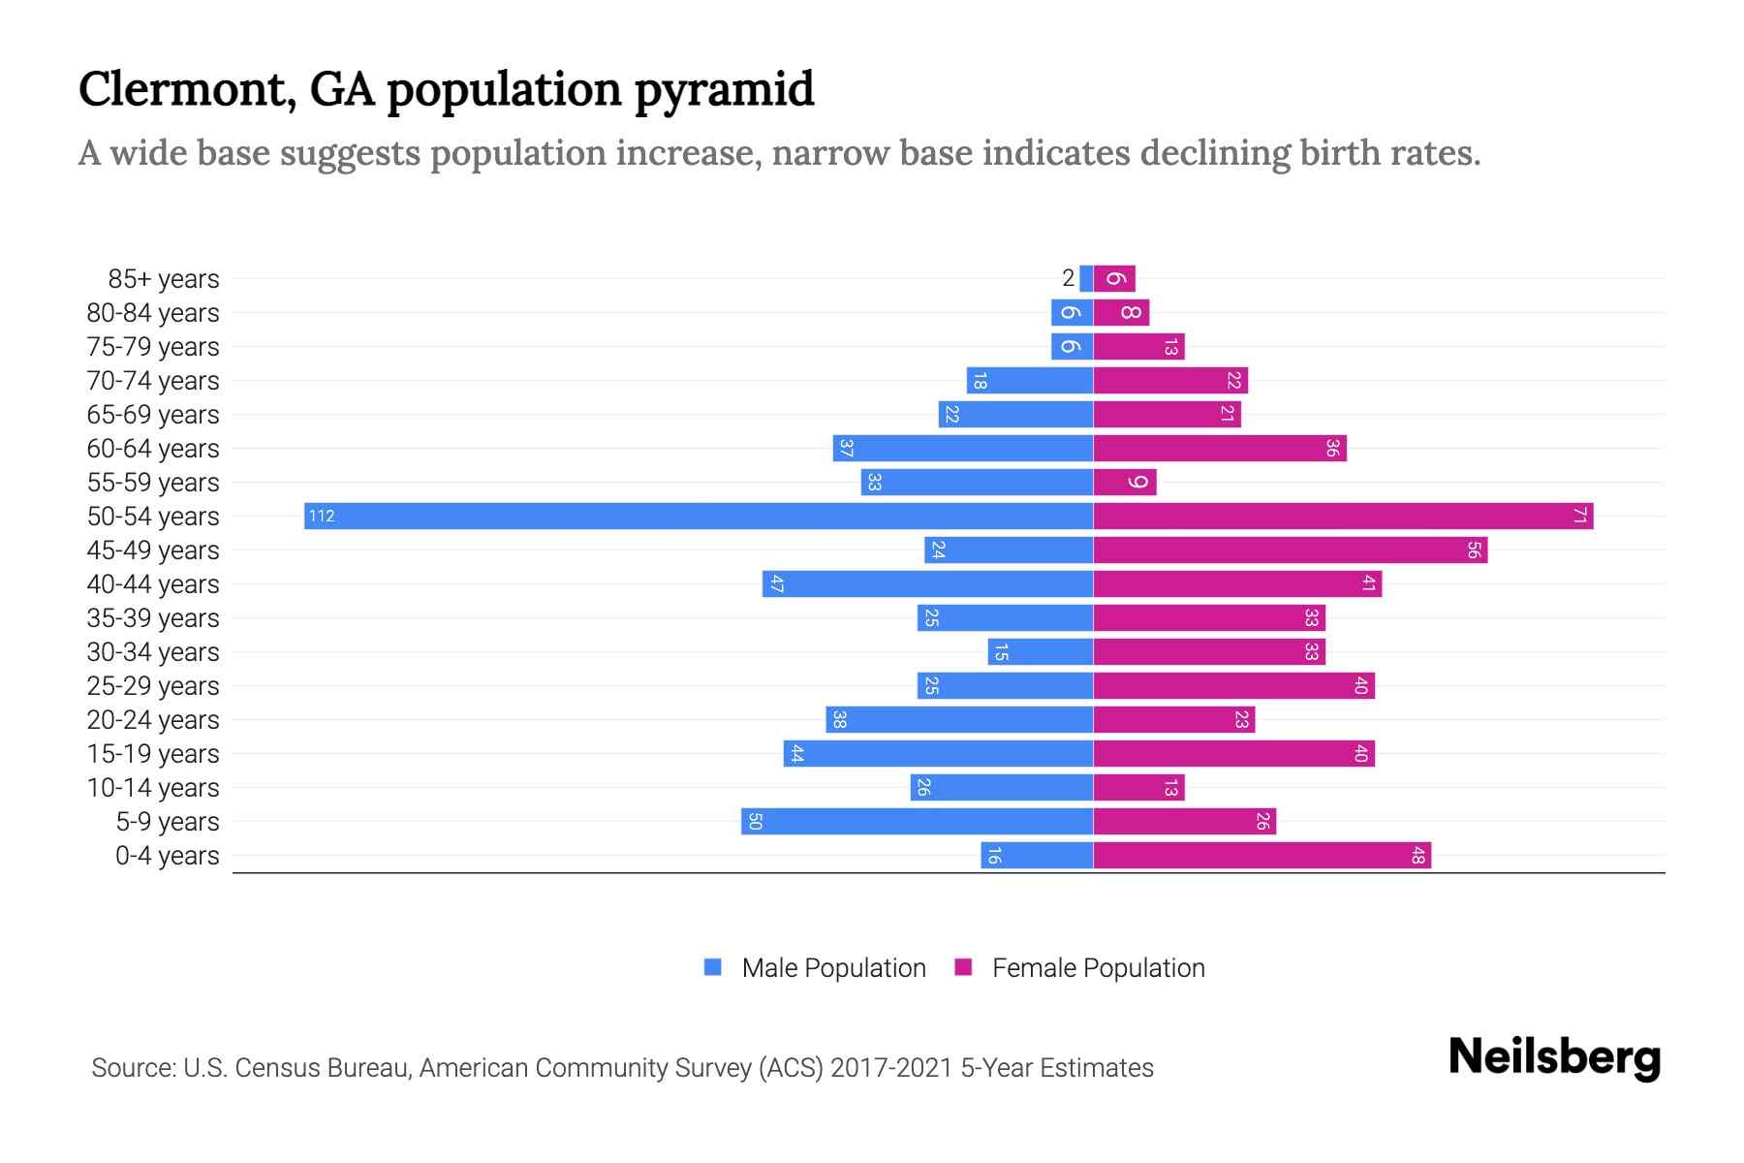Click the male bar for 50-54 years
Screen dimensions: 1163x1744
click(x=698, y=516)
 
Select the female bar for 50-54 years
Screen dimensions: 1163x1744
click(x=1343, y=516)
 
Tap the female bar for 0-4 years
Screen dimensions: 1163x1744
click(x=1261, y=855)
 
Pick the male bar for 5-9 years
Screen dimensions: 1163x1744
click(x=917, y=821)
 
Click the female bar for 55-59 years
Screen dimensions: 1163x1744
click(x=1125, y=482)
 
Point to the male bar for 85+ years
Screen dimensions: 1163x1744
click(x=1086, y=278)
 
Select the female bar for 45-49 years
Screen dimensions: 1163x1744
click(x=1290, y=550)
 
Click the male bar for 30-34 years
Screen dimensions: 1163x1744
click(x=1041, y=651)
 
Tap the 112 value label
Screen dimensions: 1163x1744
click(x=322, y=516)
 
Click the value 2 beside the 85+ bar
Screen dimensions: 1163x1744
click(x=1068, y=278)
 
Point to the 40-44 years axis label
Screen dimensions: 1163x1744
click(x=153, y=583)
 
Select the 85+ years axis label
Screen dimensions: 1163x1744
click(x=164, y=278)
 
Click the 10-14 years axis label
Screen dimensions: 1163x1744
click(x=153, y=787)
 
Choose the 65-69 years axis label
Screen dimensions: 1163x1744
click(x=153, y=414)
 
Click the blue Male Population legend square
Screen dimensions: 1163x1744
click(x=713, y=967)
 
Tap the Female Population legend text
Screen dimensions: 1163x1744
click(x=1098, y=967)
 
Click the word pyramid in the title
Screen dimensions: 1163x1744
click(x=724, y=89)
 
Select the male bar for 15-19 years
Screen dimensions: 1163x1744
click(x=938, y=753)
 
